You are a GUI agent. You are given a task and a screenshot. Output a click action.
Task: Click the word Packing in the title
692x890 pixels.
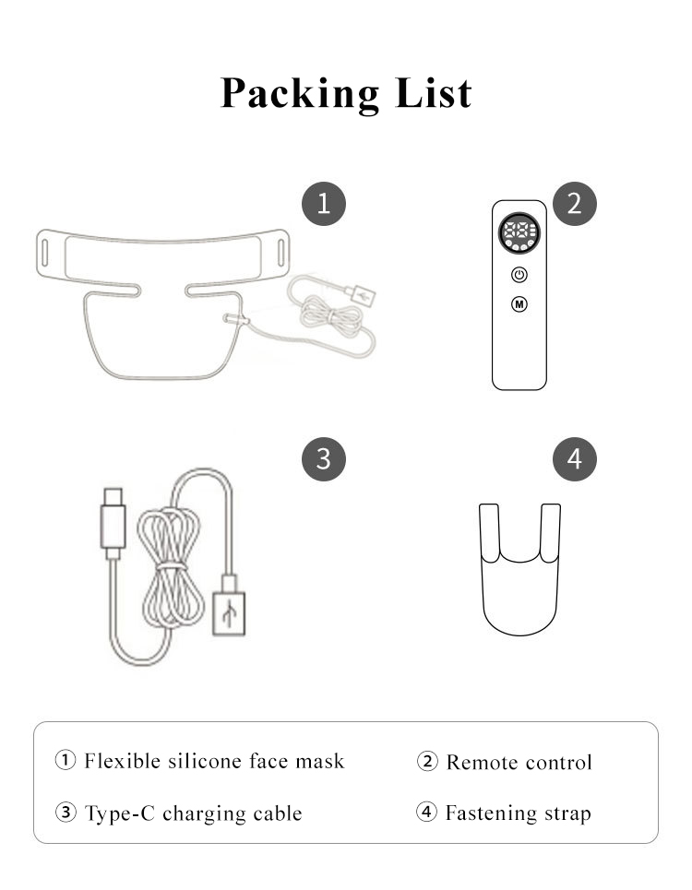point(299,93)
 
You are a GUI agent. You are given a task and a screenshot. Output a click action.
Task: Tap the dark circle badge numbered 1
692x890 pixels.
point(323,203)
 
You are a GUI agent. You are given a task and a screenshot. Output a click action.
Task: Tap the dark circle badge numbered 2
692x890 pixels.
point(575,203)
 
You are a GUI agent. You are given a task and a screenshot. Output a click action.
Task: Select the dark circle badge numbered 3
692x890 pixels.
point(323,458)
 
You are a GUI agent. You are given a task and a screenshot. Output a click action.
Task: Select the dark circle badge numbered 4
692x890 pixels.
point(575,458)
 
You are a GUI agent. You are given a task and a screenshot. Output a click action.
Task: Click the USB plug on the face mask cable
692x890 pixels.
point(361,295)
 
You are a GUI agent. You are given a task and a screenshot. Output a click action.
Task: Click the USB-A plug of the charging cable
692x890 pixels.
point(228,606)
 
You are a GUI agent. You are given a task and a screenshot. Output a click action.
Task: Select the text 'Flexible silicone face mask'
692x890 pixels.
point(213,761)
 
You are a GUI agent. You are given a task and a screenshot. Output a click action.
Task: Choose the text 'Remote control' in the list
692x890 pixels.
point(519,762)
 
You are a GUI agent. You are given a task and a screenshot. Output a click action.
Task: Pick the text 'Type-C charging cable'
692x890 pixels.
point(193,813)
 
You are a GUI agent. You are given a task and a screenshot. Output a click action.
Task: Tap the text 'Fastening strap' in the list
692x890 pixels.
point(517,813)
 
